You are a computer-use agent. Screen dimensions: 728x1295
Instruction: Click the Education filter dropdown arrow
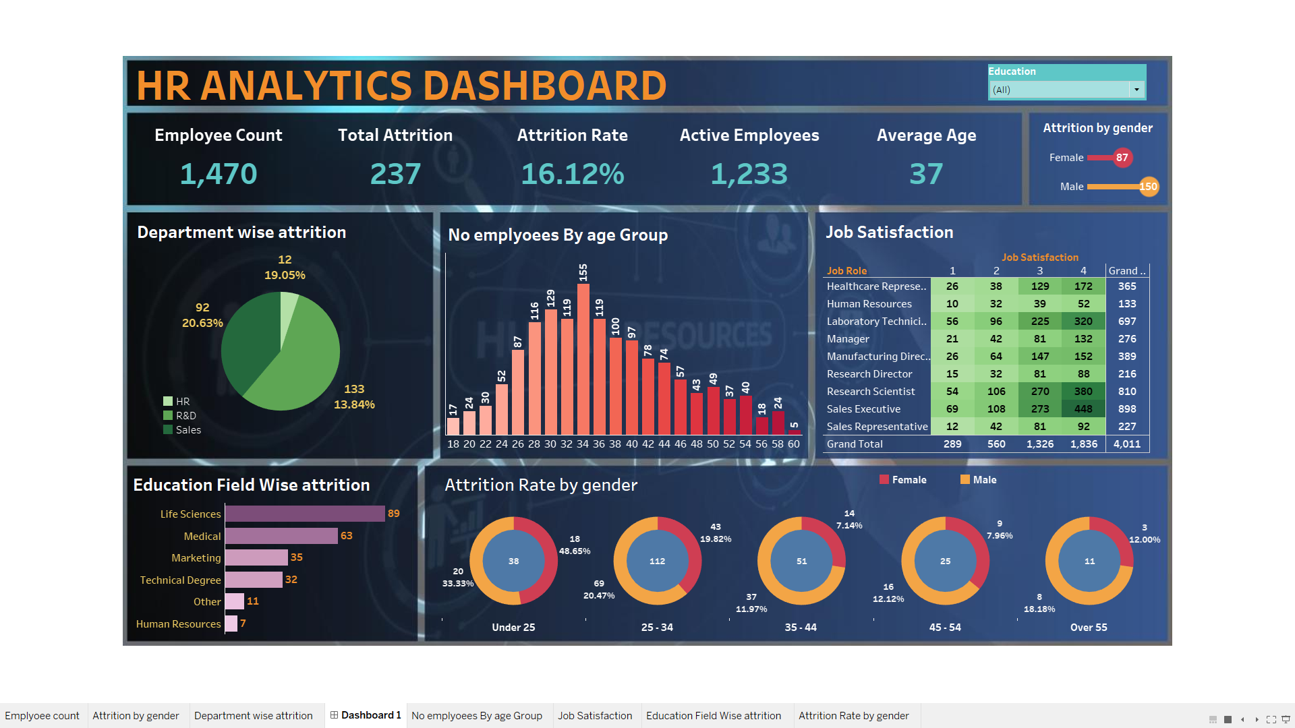(1136, 90)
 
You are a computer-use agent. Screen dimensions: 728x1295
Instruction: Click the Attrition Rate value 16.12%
(572, 174)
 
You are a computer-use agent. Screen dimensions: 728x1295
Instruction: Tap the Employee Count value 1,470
(219, 174)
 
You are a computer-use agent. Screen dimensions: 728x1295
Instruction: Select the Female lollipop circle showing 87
(1122, 158)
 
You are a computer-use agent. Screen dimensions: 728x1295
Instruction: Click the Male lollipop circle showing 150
(1148, 187)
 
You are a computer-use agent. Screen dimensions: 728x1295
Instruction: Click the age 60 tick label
(794, 444)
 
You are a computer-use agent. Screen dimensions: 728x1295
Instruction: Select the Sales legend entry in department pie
(188, 430)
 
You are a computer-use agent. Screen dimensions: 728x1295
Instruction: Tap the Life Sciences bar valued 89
(305, 514)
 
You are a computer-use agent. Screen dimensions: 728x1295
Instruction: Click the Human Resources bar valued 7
(231, 624)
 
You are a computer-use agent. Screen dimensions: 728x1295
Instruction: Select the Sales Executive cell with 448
(1083, 409)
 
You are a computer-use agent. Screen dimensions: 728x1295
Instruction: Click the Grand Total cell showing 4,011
(1126, 444)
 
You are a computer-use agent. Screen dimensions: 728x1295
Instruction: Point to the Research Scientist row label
(871, 392)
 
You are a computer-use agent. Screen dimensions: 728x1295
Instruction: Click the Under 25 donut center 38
(513, 561)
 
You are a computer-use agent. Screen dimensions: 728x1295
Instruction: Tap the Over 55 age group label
(1089, 628)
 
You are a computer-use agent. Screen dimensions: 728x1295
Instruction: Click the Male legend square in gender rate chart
(965, 480)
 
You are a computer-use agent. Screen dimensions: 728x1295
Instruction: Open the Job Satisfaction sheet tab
(595, 716)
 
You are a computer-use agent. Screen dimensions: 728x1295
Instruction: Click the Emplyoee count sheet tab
(42, 716)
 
